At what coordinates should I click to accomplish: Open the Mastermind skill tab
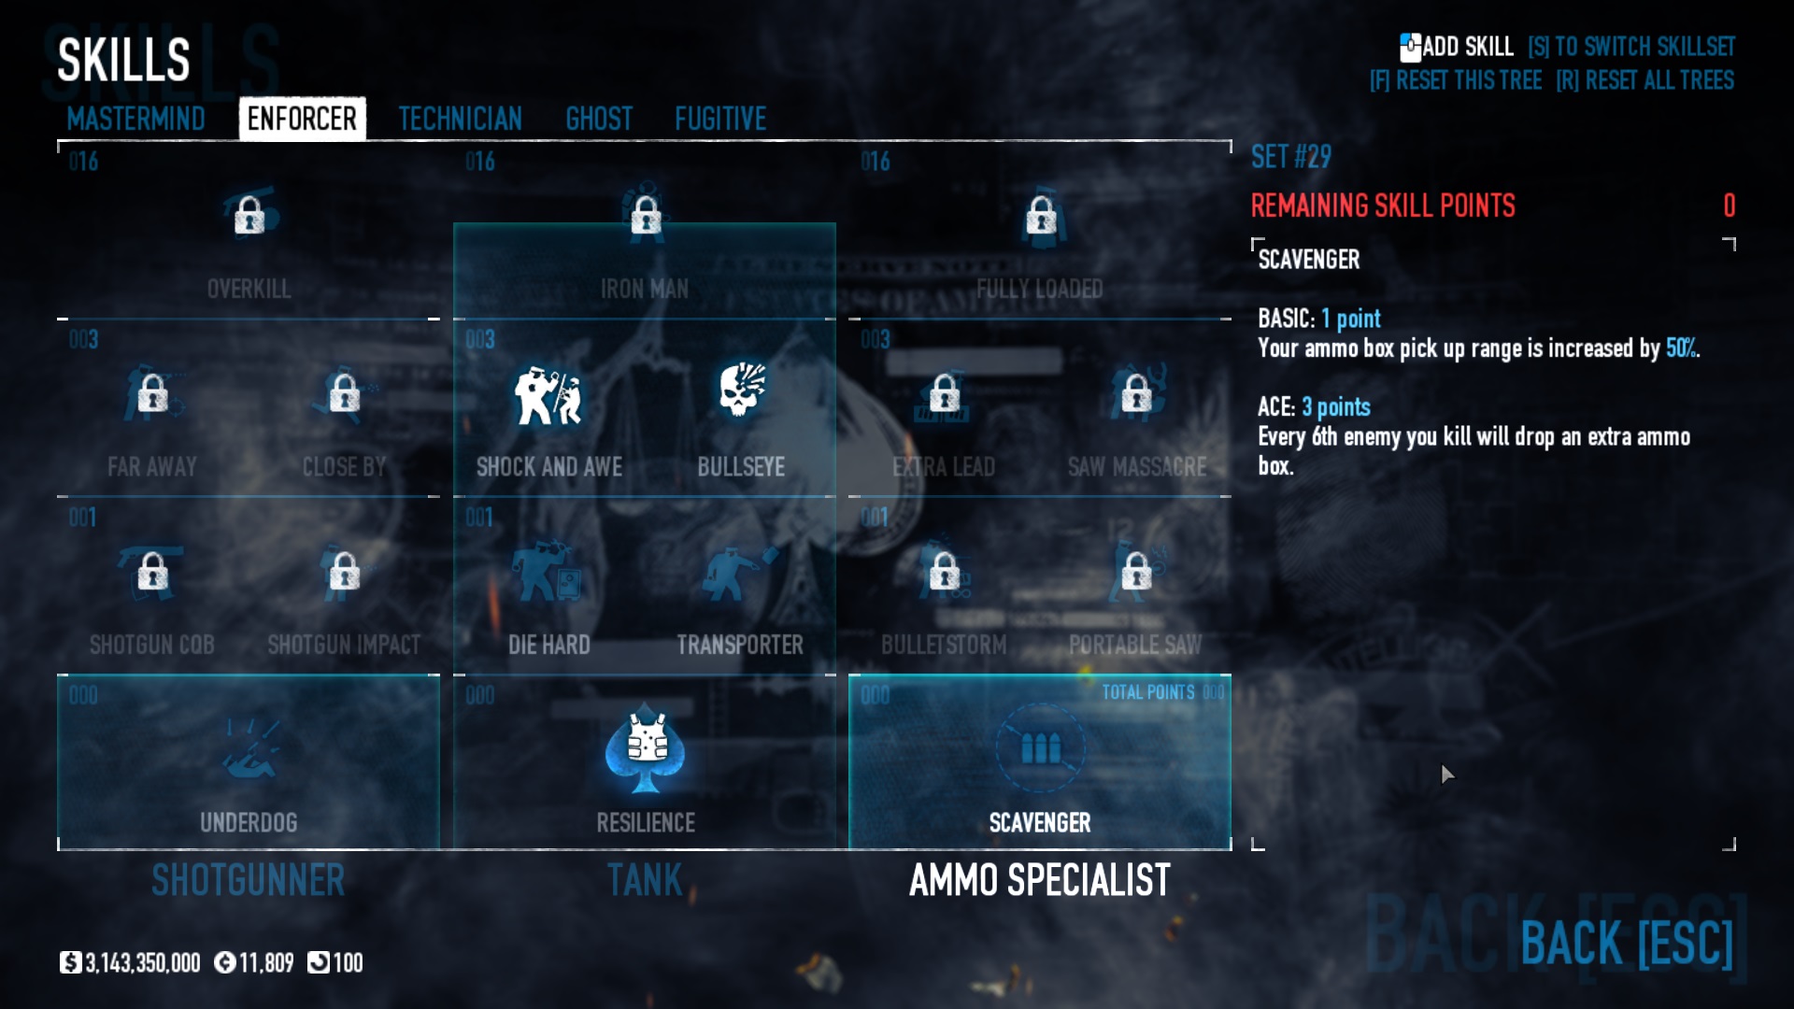(135, 119)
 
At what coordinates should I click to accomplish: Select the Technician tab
(460, 119)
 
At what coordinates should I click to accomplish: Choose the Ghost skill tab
(599, 119)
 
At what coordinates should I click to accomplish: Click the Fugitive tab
(720, 119)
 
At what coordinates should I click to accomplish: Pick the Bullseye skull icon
(742, 391)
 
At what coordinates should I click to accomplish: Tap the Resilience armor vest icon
(646, 747)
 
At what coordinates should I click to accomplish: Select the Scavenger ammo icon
(1040, 747)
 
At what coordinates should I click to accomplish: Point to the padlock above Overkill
(249, 216)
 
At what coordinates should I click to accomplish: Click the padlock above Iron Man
(646, 216)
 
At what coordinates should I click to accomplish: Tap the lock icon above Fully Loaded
(1041, 216)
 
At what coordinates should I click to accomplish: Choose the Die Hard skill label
(548, 645)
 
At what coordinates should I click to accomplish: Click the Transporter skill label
(740, 645)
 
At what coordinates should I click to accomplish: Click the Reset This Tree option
(1456, 80)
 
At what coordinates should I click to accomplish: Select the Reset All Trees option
(1644, 80)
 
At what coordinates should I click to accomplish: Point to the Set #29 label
(1291, 157)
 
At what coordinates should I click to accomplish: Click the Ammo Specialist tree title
(1040, 880)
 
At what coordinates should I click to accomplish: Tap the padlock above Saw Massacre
(1136, 394)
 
